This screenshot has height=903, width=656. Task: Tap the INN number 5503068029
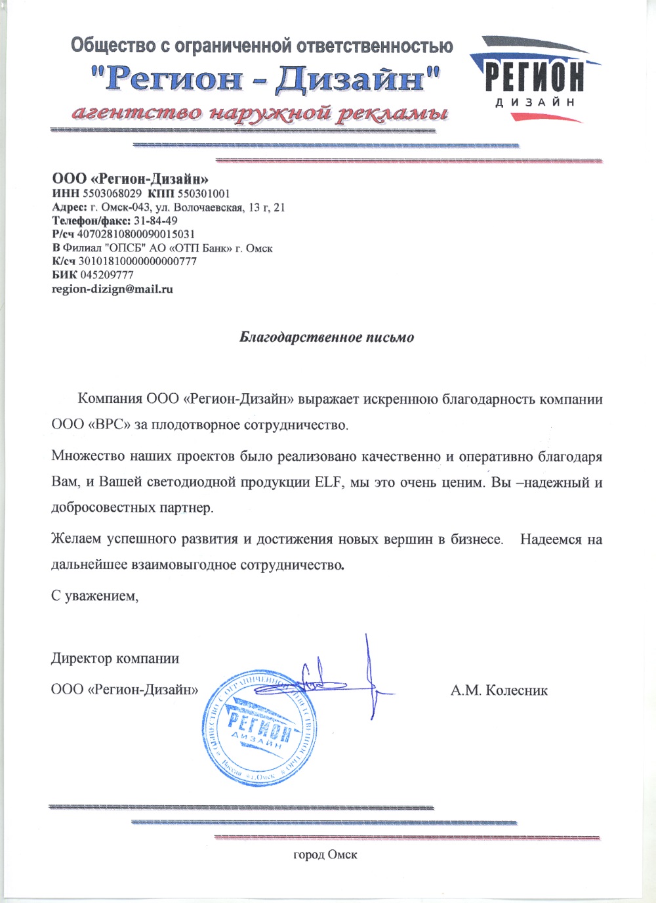click(x=112, y=194)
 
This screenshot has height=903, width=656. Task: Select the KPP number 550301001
click(x=203, y=194)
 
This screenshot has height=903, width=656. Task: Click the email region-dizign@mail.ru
click(x=112, y=289)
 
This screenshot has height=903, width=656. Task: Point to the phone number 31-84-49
click(x=155, y=220)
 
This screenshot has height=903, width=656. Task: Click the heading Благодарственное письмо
click(x=327, y=337)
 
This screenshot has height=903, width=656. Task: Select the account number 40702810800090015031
click(x=136, y=234)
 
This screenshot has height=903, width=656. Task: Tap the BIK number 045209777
click(x=107, y=275)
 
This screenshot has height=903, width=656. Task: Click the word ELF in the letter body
click(x=328, y=482)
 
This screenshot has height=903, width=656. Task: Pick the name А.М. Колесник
click(x=499, y=690)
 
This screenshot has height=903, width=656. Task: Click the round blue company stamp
click(x=259, y=728)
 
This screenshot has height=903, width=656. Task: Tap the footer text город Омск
click(x=325, y=854)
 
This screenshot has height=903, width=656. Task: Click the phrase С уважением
click(x=94, y=596)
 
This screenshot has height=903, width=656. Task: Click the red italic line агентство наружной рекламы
click(x=260, y=113)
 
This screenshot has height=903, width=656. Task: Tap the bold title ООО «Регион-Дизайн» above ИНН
click(x=130, y=178)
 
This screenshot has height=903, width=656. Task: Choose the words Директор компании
click(x=115, y=658)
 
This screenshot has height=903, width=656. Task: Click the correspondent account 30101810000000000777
click(x=137, y=261)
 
